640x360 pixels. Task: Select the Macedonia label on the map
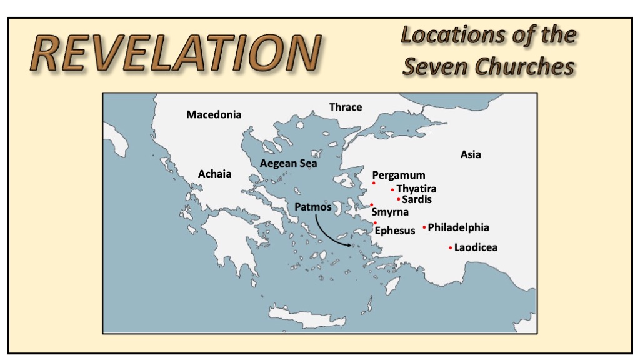click(214, 114)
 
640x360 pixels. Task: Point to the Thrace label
click(346, 107)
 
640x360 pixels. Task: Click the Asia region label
click(471, 154)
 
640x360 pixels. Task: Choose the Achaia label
click(214, 174)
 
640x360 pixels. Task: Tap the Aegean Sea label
click(288, 163)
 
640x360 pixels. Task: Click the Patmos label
click(312, 206)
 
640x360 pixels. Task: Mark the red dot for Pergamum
click(374, 183)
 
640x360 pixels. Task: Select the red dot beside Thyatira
click(392, 189)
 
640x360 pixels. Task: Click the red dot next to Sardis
click(399, 199)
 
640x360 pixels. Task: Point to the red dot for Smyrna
click(372, 205)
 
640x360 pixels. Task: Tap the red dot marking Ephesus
click(375, 223)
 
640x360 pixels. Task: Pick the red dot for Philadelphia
click(424, 227)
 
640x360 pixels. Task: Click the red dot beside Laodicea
click(451, 248)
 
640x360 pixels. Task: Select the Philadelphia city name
click(458, 227)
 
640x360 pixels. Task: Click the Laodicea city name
click(476, 247)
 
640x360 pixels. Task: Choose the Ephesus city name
click(395, 231)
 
